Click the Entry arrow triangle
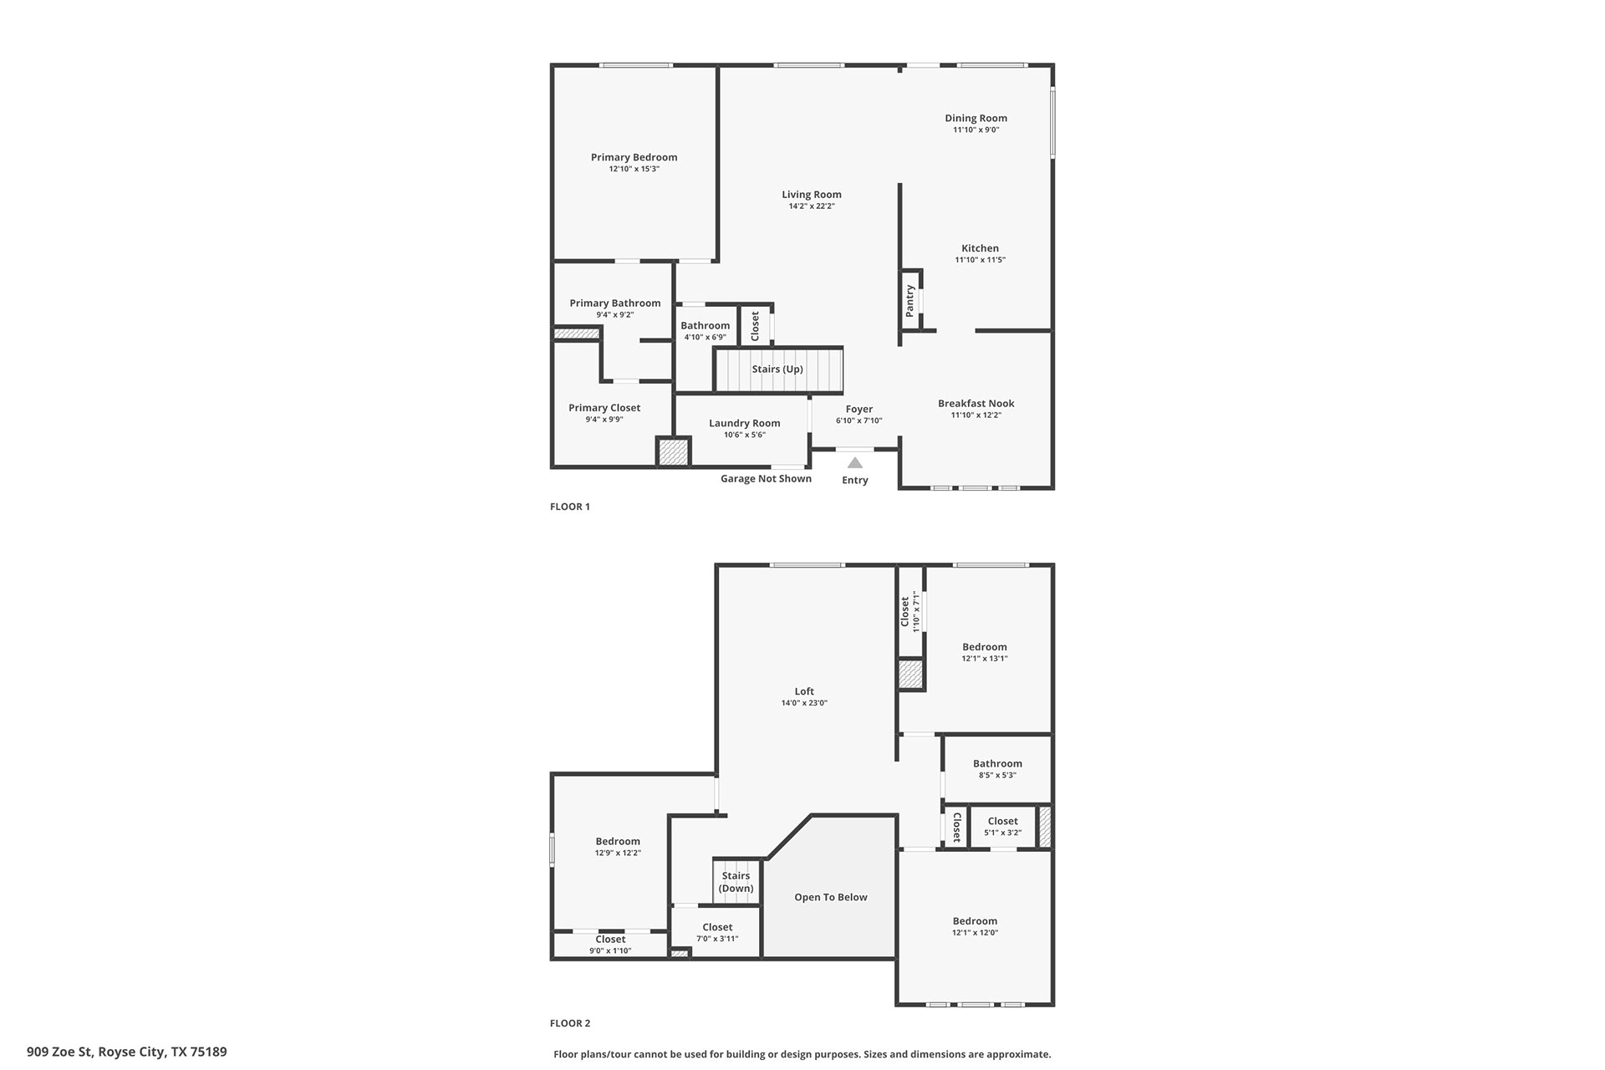coord(854,463)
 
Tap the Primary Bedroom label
coord(634,157)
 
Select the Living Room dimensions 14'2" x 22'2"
coord(812,206)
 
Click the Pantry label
coord(909,301)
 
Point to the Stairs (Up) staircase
coord(778,369)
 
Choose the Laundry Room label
coord(744,423)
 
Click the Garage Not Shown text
coord(766,479)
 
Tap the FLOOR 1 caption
coord(570,507)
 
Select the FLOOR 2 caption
coord(570,1023)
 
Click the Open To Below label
coord(831,897)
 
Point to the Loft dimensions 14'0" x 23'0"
coord(804,703)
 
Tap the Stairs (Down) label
coord(736,882)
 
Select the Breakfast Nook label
coord(976,403)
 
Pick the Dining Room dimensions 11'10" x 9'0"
coord(976,130)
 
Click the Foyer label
coord(859,410)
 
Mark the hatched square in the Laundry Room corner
coord(673,452)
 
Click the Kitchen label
coord(980,248)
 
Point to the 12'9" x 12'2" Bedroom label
coord(618,842)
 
